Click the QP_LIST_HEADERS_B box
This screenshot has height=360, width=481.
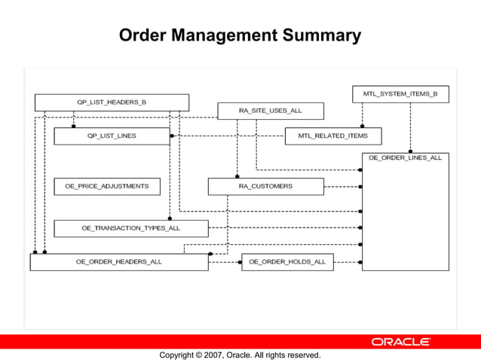coord(112,102)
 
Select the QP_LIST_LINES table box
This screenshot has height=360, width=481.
coord(112,136)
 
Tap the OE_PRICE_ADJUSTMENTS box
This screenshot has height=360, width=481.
coord(107,186)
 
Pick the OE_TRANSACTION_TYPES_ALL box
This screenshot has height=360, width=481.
coord(131,227)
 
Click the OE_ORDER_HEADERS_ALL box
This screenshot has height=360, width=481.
coord(118,262)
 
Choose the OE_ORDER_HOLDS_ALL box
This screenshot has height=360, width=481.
coord(287,262)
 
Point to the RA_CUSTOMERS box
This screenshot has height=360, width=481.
coord(265,186)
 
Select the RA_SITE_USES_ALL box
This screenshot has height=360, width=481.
coord(270,111)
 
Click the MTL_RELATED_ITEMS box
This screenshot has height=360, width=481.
coord(332,136)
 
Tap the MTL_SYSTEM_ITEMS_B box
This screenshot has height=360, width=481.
coord(400,94)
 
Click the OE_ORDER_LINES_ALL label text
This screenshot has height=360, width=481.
coord(405,158)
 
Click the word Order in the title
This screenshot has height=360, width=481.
coord(144,35)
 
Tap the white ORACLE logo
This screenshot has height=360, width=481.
coord(400,342)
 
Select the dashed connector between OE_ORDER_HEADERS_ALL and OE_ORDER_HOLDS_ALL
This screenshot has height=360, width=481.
coord(225,262)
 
